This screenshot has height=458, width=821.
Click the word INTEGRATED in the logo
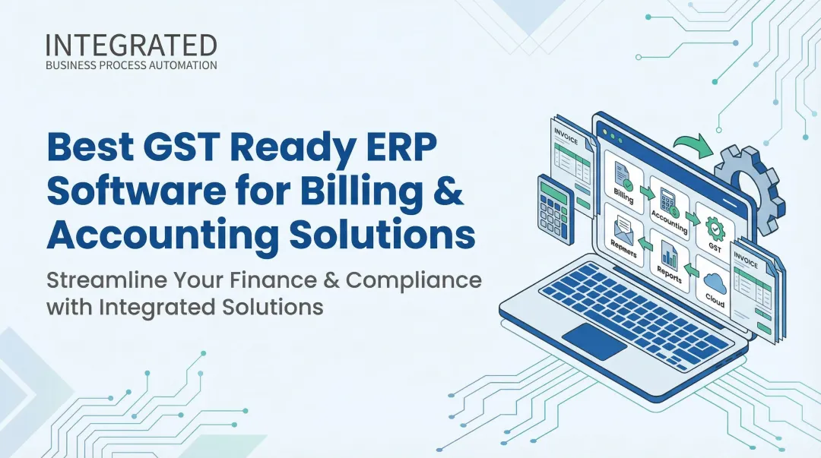(x=131, y=46)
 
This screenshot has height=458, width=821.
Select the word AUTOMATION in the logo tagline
(x=181, y=65)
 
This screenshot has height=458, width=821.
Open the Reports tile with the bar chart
(x=668, y=263)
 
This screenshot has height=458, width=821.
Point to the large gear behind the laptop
(x=750, y=182)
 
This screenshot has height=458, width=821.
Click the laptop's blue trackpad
(x=594, y=341)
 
